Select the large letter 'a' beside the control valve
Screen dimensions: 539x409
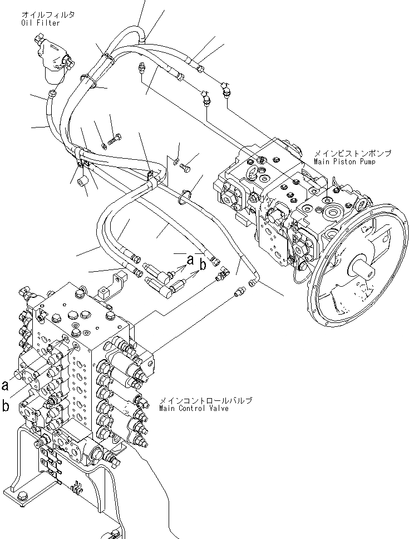pyautogui.click(x=6, y=384)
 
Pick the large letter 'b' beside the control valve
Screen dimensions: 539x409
pyautogui.click(x=6, y=406)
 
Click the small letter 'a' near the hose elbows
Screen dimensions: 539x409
pyautogui.click(x=190, y=259)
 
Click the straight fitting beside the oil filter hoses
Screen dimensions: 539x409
pyautogui.click(x=141, y=68)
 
